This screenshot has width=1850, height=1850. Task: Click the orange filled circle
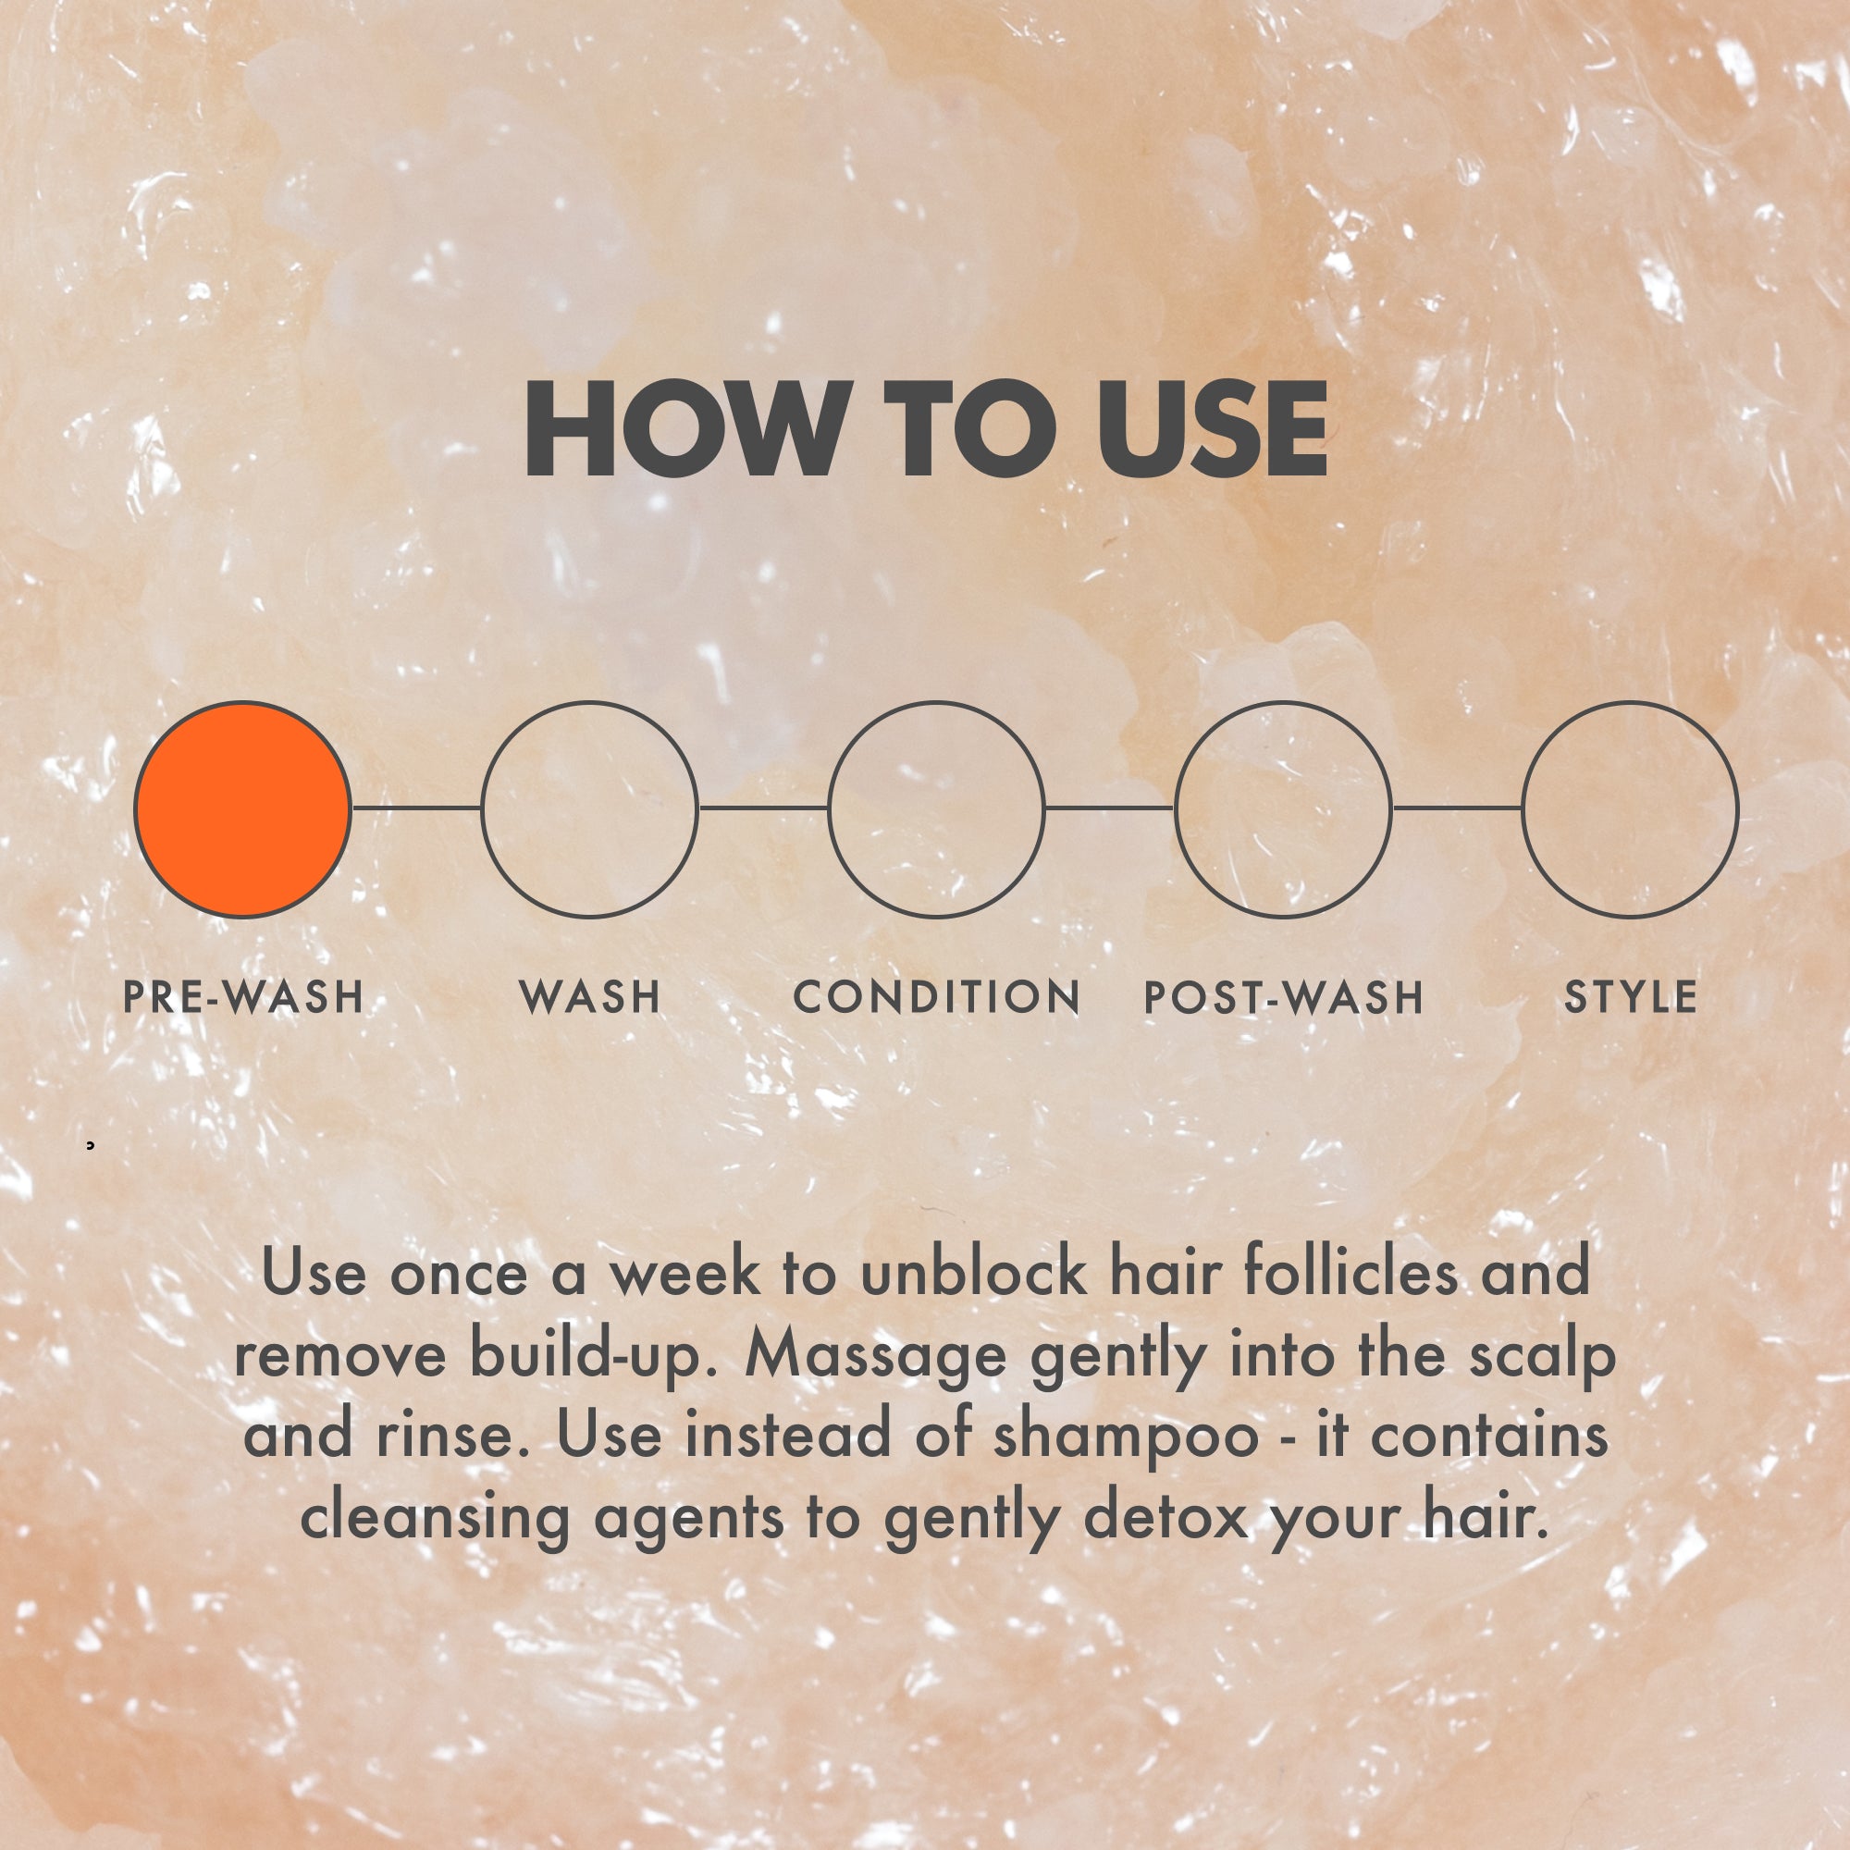click(242, 809)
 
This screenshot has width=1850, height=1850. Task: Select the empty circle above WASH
click(482, 809)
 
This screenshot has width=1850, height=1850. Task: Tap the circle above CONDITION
click(829, 809)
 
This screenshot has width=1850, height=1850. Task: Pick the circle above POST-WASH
click(1176, 809)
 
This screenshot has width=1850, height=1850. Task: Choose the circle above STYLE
click(1523, 809)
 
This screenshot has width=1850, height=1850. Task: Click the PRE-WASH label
click(243, 997)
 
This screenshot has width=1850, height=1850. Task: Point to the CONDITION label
click(936, 997)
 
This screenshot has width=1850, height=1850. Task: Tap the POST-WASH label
click(1284, 997)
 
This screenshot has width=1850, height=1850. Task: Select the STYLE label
click(1631, 997)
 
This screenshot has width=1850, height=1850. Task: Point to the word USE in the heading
click(1214, 428)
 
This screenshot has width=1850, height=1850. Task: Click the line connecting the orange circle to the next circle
click(416, 808)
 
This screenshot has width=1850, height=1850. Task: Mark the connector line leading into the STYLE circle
click(1458, 808)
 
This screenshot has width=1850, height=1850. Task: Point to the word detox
click(1166, 1517)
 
